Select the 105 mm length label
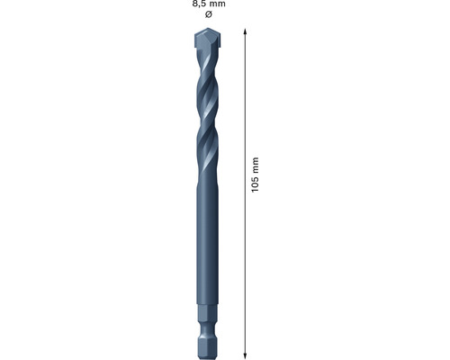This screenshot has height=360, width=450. [256, 175]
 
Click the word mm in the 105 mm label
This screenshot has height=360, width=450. [256, 165]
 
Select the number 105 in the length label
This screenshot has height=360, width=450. [256, 184]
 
